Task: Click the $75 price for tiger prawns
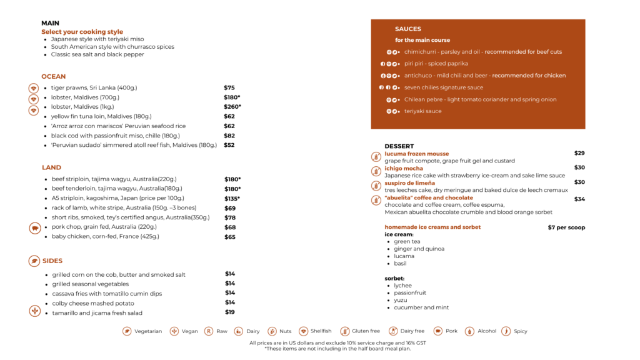click(x=229, y=88)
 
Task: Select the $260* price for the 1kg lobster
click(x=232, y=107)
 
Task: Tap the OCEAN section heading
click(x=54, y=77)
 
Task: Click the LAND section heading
click(x=51, y=167)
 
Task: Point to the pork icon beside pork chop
click(x=34, y=228)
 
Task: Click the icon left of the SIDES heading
click(x=34, y=261)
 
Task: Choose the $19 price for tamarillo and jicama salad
click(x=230, y=312)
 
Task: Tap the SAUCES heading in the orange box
click(x=408, y=29)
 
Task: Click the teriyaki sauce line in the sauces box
click(x=422, y=111)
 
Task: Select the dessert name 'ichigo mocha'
click(x=404, y=168)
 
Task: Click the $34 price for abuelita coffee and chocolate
click(x=579, y=199)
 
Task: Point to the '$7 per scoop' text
click(x=566, y=227)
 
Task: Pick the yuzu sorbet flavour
click(x=401, y=300)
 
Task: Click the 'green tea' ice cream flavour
click(x=407, y=241)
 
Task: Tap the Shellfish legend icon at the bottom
click(x=304, y=331)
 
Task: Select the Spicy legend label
click(x=521, y=331)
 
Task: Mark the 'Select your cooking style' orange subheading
click(x=82, y=32)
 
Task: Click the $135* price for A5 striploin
click(x=232, y=199)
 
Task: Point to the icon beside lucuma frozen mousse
click(x=376, y=157)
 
